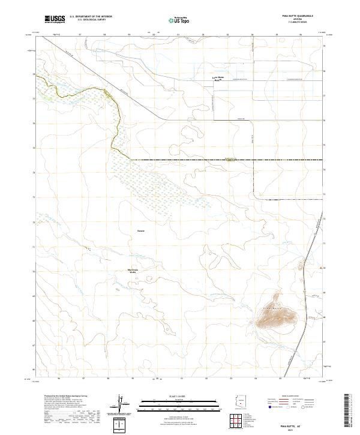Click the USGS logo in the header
tap(55, 20)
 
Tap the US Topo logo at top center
tap(179, 20)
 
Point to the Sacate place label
tap(140, 230)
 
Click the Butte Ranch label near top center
tap(218, 79)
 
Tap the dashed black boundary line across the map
tap(228, 160)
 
